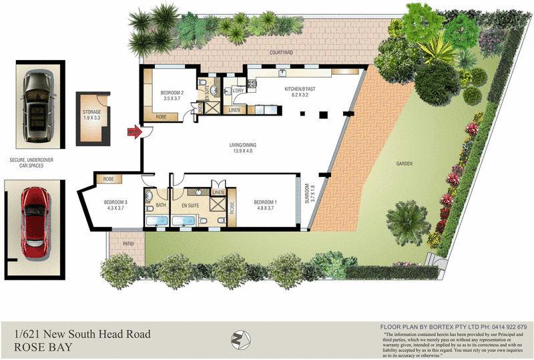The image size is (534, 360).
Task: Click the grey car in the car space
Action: click(35, 107)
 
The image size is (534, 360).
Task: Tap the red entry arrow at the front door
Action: click(133, 133)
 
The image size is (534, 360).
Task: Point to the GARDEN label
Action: click(404, 164)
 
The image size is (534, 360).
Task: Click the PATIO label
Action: click(128, 244)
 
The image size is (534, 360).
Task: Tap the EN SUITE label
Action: click(190, 206)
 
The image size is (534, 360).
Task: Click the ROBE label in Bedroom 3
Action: click(108, 179)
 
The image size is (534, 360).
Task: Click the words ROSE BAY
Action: click(43, 347)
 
